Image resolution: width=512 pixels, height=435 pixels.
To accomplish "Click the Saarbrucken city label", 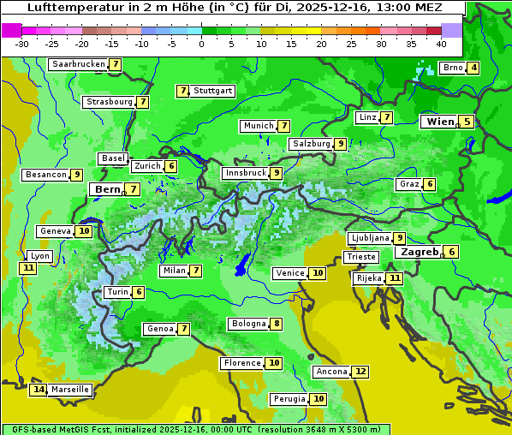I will coord(79,64).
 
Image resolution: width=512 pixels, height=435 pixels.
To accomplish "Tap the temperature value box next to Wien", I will coord(467,122).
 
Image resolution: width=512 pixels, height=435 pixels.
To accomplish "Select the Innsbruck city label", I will coord(245,173).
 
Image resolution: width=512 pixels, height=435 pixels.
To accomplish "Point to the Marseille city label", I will coord(70,390).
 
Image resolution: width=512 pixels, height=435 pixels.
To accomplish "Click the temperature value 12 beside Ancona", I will coord(360,372).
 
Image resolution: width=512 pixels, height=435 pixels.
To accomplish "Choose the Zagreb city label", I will coord(419,252).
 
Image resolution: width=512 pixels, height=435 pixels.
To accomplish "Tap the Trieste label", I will coord(360,257).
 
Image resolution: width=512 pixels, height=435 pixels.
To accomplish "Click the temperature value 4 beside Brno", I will coord(473,69).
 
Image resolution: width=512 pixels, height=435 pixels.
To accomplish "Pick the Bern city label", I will coord(108,189).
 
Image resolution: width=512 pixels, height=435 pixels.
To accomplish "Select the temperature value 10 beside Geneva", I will coord(84,231).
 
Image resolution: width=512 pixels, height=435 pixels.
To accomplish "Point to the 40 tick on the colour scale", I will coord(441,43).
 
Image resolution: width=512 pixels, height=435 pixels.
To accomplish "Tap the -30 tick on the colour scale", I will coord(22,43).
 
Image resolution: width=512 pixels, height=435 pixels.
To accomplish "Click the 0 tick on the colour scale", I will coord(202,43).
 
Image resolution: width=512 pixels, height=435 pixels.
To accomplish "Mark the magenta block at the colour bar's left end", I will coord(11,29).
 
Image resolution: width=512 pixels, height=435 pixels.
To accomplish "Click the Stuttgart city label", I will coord(213,91).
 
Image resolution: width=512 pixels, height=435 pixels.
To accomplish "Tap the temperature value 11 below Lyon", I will coord(28,268).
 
